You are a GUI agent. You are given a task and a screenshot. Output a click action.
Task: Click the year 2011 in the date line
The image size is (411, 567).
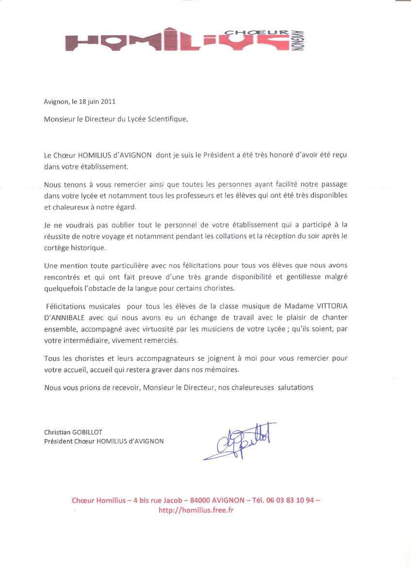tap(108, 102)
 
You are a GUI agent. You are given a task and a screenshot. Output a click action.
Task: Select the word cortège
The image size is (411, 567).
tap(57, 247)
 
